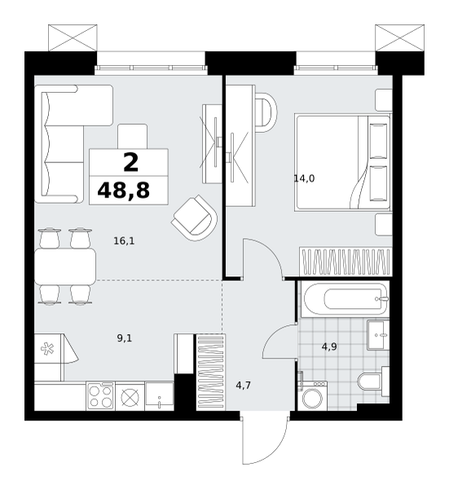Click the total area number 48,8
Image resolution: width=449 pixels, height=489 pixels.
point(124,191)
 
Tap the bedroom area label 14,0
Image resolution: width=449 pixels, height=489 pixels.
point(304,178)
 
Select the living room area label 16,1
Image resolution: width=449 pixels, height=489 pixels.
point(124,241)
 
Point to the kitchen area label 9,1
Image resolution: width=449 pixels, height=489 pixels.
point(125,338)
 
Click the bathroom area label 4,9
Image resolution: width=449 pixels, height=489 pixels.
point(329,347)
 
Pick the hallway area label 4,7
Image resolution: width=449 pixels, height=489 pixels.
point(243,385)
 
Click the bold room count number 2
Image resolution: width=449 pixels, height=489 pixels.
point(130,163)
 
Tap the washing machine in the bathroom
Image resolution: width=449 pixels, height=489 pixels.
point(312,395)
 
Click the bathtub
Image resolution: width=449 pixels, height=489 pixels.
point(344,299)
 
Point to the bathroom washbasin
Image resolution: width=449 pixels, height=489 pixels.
point(378,335)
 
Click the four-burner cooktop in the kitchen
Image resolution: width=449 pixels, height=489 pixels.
point(100,396)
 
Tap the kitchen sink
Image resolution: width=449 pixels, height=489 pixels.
point(160,396)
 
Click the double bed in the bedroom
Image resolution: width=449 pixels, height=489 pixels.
point(343,162)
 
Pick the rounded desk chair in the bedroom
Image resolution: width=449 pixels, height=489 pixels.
point(266,112)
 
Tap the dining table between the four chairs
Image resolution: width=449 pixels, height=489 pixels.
point(65,267)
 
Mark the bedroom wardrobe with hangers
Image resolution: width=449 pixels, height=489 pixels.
point(346,262)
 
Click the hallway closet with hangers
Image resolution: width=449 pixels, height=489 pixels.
point(211,372)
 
